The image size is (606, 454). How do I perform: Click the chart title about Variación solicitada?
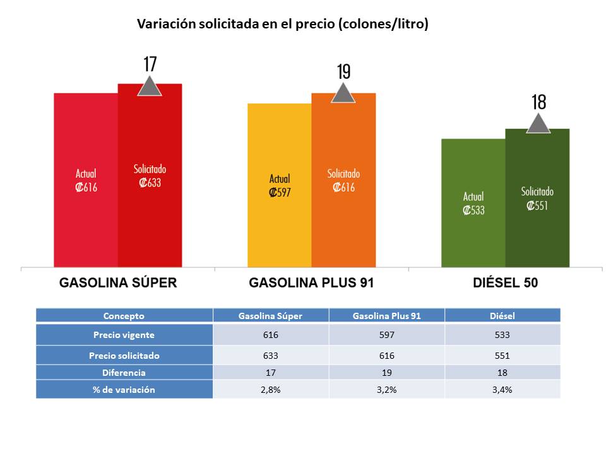tap(283, 25)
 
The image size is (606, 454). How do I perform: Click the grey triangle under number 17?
tap(150, 86)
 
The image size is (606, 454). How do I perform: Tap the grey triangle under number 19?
tap(343, 93)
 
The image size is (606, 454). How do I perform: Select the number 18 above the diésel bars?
tap(538, 102)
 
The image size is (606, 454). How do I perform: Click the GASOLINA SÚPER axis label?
tap(118, 283)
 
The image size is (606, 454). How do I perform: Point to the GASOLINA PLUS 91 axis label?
tap(312, 283)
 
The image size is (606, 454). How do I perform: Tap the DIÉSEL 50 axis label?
tap(506, 283)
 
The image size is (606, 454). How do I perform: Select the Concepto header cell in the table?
tap(124, 316)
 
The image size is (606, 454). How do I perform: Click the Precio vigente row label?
tap(124, 335)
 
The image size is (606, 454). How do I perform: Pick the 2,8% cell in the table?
tap(271, 390)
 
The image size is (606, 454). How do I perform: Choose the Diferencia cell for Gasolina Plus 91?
tap(386, 373)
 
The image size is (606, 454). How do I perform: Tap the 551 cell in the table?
tap(502, 356)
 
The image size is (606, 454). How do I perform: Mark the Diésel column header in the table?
tap(502, 316)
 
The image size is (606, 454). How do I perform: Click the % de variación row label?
tap(124, 390)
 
